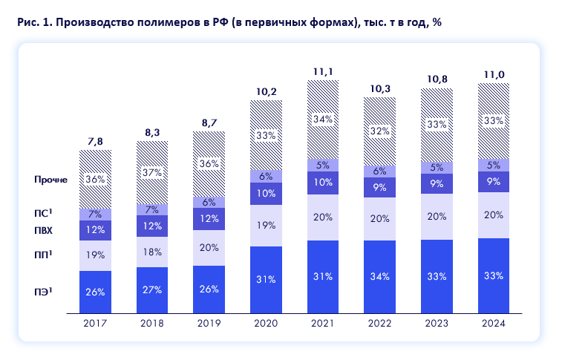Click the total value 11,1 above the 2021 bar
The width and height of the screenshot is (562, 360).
click(x=323, y=71)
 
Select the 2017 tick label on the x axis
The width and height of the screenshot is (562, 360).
click(x=95, y=324)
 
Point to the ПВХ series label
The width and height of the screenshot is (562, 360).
click(x=45, y=230)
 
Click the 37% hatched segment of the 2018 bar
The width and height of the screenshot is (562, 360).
click(x=152, y=172)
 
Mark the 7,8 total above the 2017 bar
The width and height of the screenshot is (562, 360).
click(x=95, y=141)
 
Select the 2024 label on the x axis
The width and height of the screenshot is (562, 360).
click(x=494, y=324)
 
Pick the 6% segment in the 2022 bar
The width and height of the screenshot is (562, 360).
click(x=380, y=170)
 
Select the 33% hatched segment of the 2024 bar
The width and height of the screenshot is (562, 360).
click(x=494, y=121)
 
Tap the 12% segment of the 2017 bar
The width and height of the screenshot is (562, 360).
click(x=95, y=230)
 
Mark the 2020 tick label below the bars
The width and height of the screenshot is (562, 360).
click(x=267, y=324)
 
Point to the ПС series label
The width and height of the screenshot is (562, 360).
click(x=46, y=213)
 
